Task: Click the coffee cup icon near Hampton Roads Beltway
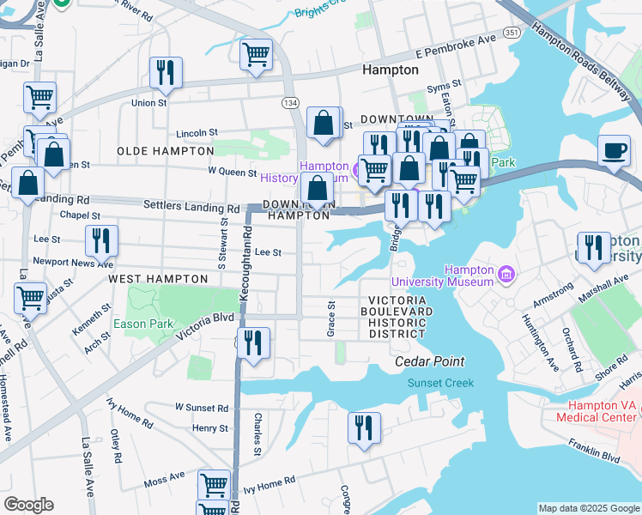pyautogui.click(x=614, y=151)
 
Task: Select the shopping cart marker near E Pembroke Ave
pyautogui.click(x=257, y=55)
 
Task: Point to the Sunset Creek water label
pyautogui.click(x=440, y=383)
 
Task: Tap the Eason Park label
pyautogui.click(x=143, y=324)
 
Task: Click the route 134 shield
pyautogui.click(x=291, y=103)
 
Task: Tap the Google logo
pyautogui.click(x=28, y=505)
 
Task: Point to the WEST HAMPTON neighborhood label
pyautogui.click(x=158, y=279)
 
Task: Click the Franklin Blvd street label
pyautogui.click(x=593, y=451)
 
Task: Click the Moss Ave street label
pyautogui.click(x=164, y=475)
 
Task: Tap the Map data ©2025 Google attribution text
pyautogui.click(x=589, y=508)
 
